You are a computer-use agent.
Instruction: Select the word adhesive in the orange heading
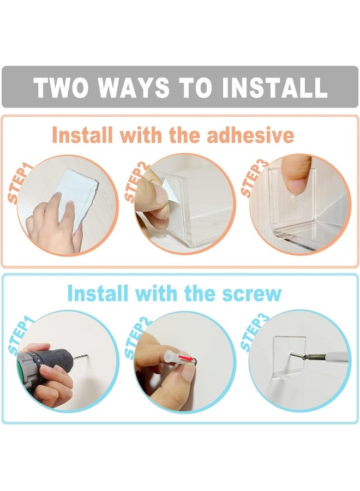tap(250, 135)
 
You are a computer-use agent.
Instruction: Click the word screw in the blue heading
tap(251, 294)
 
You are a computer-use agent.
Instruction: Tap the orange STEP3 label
tap(254, 178)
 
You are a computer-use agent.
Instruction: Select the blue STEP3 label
tap(254, 332)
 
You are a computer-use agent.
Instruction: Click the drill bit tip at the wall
tap(87, 355)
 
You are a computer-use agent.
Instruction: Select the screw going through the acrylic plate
tap(297, 356)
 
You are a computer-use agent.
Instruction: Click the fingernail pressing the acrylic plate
tap(294, 185)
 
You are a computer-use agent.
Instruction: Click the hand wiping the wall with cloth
tap(52, 225)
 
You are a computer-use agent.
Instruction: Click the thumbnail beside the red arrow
tap(187, 373)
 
